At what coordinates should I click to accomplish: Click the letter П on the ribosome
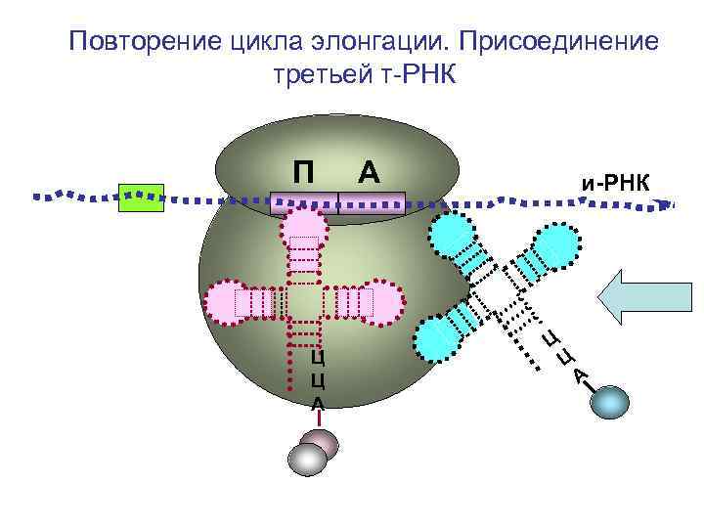(303, 171)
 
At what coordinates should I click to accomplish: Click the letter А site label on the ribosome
(368, 171)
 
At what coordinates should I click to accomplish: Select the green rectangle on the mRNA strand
(140, 197)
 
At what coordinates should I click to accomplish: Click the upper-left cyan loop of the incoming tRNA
(451, 237)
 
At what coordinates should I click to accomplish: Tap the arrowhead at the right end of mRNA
(667, 204)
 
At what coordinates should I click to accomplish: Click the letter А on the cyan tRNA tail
(581, 374)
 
